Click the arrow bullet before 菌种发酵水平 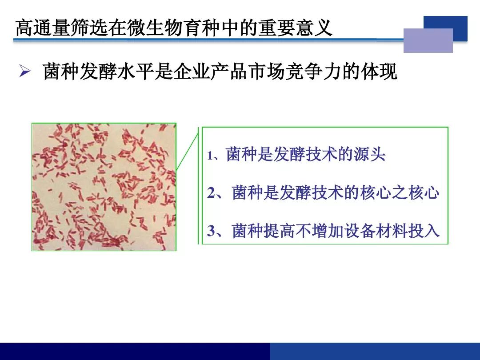25,71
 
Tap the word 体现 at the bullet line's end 379,72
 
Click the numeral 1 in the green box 210,156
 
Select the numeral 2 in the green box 211,193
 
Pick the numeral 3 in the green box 211,231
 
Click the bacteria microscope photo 104,187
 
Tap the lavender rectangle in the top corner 428,40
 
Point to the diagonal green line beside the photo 188,149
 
